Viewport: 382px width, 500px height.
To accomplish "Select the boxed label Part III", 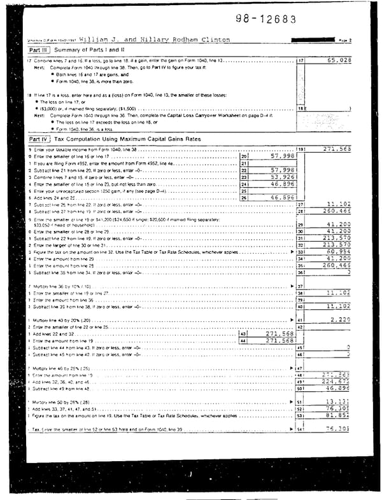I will pos(39,50).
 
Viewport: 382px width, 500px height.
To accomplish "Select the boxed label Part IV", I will pos(39,139).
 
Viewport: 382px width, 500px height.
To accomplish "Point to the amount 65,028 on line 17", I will pos(338,60).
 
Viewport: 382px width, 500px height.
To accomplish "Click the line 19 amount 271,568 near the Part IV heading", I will pos(337,149).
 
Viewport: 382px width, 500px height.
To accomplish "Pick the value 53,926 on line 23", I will pos(281,177).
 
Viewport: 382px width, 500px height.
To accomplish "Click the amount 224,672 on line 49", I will pos(337,382).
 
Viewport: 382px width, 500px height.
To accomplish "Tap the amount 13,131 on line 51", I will pos(338,402).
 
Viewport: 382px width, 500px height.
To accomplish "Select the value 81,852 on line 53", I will pos(338,415).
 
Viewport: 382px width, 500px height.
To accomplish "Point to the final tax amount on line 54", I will pos(338,429).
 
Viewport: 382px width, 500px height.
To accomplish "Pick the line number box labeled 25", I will pos(243,190).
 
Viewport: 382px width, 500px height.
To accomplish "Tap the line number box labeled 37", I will pos(301,286).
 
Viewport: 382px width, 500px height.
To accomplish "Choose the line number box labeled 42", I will pos(301,326).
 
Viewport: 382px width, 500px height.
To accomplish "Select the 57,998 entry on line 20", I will pos(281,156).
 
